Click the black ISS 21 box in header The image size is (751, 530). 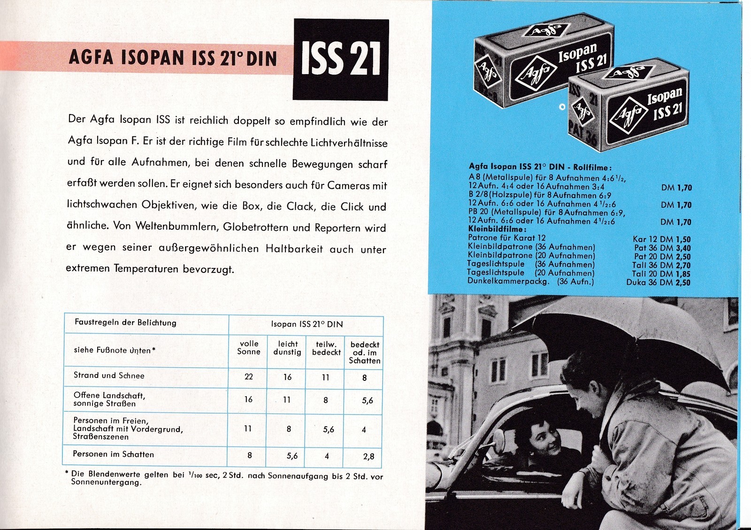pyautogui.click(x=341, y=59)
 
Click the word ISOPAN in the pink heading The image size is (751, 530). pyautogui.click(x=152, y=58)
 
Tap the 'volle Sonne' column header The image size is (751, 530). pyautogui.click(x=249, y=348)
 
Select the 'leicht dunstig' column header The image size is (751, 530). pyautogui.click(x=287, y=348)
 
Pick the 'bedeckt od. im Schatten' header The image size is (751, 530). pyautogui.click(x=365, y=352)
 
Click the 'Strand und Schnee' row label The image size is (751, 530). pyautogui.click(x=109, y=375)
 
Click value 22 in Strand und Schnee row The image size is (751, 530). pyautogui.click(x=249, y=377)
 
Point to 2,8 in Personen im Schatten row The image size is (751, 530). pyautogui.click(x=368, y=456)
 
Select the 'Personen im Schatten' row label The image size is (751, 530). pyautogui.click(x=113, y=454)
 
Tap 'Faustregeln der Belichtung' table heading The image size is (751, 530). pyautogui.click(x=125, y=323)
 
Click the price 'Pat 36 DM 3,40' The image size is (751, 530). pyautogui.click(x=662, y=248)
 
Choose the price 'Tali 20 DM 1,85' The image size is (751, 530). pyautogui.click(x=661, y=274)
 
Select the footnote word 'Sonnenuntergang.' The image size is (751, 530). pyautogui.click(x=106, y=483)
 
